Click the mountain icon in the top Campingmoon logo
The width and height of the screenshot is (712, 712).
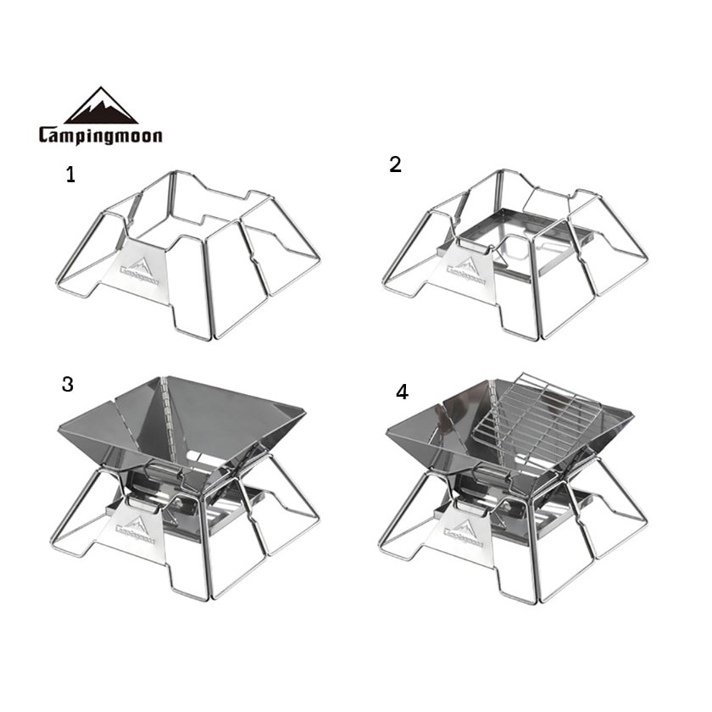(101, 106)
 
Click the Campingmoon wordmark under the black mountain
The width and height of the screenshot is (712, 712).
(100, 136)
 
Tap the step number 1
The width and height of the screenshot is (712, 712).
(70, 175)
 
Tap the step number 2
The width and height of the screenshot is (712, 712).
(395, 164)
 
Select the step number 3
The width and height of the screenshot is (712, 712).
(68, 384)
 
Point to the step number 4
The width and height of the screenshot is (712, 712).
(403, 392)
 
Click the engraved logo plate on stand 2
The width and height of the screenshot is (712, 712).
(463, 270)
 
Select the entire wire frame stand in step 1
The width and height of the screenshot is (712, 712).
(188, 255)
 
